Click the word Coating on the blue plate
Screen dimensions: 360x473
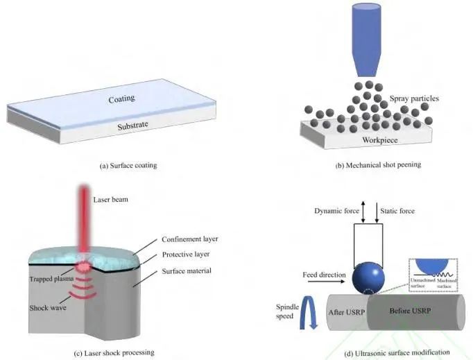121,99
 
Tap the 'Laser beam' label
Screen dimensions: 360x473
111,200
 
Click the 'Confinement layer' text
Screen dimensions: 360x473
189,239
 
